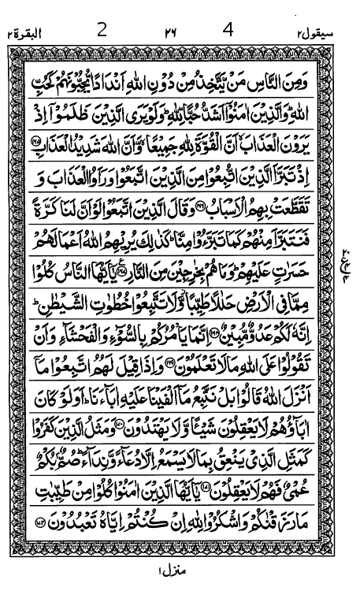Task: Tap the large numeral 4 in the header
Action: click(229, 30)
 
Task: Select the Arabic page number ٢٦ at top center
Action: click(170, 32)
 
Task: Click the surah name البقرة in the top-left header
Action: click(24, 33)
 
